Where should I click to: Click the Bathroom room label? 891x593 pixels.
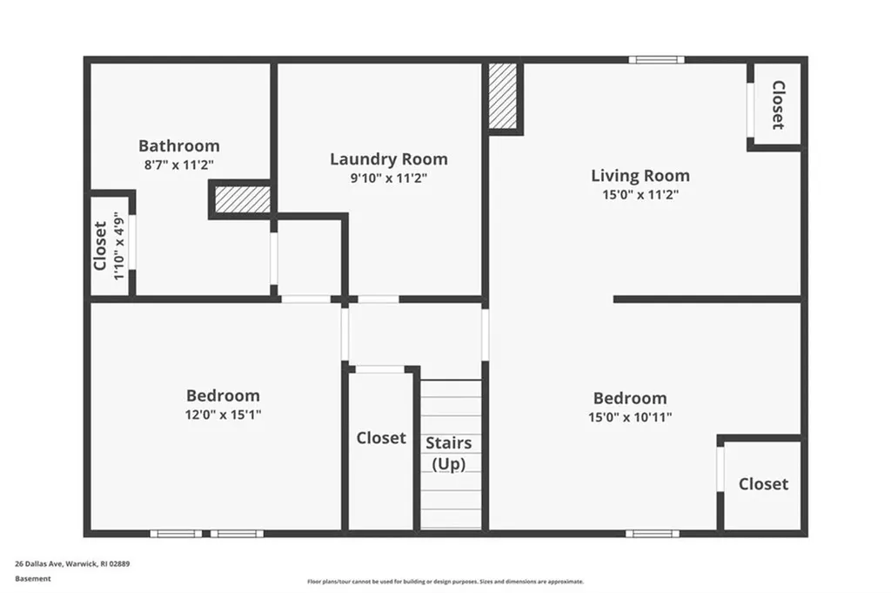179,146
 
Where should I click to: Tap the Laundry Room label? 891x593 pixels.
389,159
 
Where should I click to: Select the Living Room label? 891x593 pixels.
640,176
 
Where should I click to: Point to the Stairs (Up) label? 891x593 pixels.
449,453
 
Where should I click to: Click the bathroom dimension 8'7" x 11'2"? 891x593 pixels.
179,165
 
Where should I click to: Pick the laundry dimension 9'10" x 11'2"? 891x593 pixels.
389,179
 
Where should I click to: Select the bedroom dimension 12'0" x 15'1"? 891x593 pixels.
223,414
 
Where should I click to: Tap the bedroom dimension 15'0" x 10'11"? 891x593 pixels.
630,417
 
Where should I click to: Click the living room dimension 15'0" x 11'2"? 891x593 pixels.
640,195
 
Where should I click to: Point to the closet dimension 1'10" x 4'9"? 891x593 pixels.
118,246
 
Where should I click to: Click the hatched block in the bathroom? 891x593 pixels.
243,199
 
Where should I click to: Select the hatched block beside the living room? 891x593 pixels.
503,96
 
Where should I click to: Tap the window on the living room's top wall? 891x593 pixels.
656,60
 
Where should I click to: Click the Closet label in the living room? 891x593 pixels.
778,105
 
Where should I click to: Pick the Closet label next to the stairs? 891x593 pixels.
381,438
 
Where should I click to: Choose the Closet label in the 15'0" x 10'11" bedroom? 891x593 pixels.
763,484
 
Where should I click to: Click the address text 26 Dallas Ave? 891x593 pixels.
38,564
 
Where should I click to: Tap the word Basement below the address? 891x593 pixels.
33,579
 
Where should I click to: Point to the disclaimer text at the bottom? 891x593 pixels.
445,582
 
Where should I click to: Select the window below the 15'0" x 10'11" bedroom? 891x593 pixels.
653,533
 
